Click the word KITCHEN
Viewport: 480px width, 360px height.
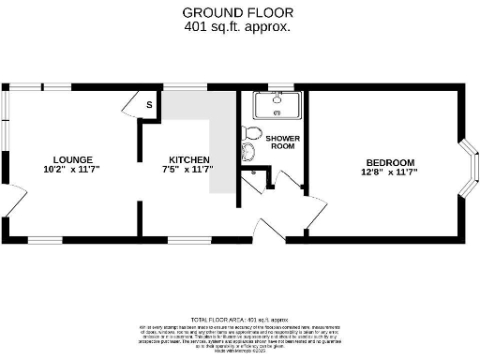pos(188,159)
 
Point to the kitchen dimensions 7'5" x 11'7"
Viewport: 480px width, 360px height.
pos(188,170)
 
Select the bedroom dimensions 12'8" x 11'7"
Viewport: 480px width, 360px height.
pos(389,172)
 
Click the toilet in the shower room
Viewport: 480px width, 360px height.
pos(249,133)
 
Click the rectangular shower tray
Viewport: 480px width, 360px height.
pos(277,104)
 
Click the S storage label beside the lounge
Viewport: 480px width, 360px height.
pos(148,105)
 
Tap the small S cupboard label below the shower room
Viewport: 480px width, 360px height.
pos(253,173)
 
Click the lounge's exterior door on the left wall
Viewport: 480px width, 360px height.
pos(15,202)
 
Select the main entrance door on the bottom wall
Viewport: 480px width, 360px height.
pos(270,229)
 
